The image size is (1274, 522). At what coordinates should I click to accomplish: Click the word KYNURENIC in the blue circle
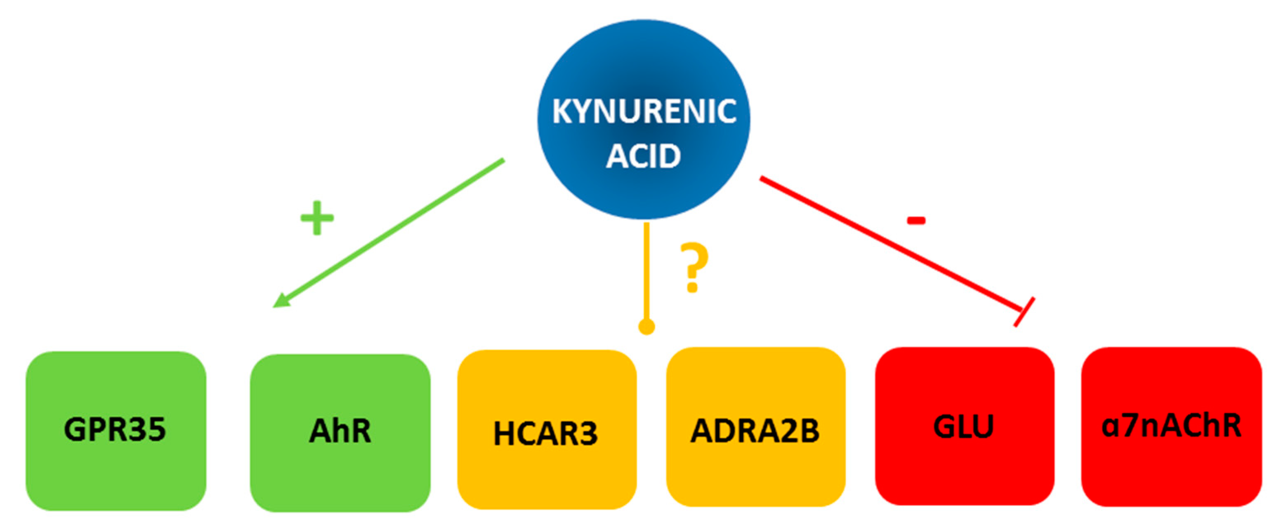644,111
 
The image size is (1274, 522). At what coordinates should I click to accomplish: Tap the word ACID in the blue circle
644,156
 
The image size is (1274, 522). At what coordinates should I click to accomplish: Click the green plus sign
317,218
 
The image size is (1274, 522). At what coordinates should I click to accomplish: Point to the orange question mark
694,267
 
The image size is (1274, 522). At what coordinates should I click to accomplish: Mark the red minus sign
915,221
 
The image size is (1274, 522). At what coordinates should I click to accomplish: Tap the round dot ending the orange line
646,327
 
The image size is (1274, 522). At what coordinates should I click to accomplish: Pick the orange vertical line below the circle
646,272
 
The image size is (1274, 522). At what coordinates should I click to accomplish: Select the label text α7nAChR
1171,426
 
